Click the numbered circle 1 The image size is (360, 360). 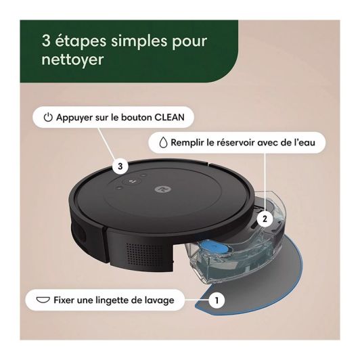217,300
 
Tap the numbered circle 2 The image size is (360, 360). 265,219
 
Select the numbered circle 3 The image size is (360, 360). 120,166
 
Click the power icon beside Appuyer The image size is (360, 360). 48,117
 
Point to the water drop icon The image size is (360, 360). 163,143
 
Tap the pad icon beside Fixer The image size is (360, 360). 43,300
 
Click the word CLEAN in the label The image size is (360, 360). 169,117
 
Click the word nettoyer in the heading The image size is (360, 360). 73,60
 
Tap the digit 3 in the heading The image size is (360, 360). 46,41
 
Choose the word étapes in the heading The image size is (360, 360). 81,41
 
